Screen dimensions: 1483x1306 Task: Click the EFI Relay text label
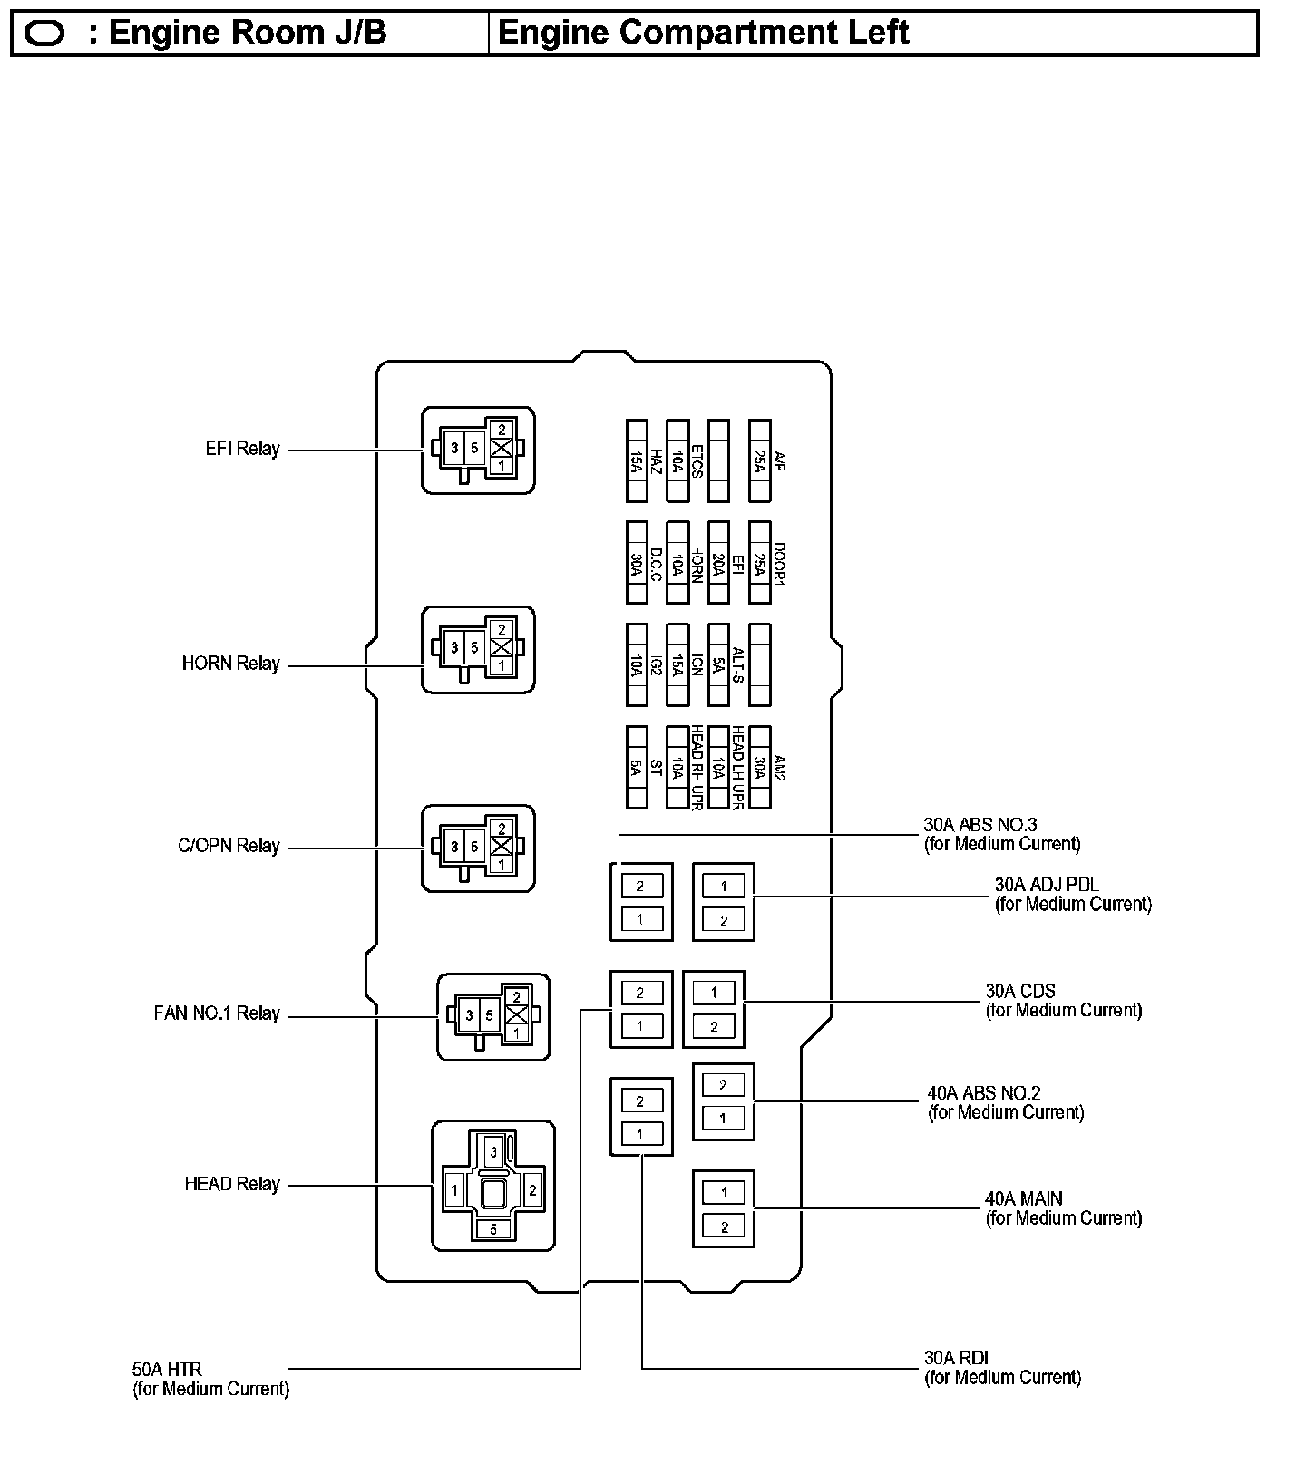click(242, 449)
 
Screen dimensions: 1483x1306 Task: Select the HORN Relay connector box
click(478, 650)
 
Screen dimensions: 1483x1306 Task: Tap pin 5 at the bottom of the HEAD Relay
click(493, 1228)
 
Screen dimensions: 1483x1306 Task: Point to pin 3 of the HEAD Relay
click(493, 1152)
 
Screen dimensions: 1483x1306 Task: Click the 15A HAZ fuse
click(637, 460)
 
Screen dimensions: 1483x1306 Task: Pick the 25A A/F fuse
click(760, 460)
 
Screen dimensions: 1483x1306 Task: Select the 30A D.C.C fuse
click(637, 562)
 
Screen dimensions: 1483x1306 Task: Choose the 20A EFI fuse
click(718, 562)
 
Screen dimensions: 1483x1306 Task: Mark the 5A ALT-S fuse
click(718, 664)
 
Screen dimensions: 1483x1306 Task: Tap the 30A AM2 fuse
click(760, 767)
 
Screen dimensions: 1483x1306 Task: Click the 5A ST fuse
click(637, 767)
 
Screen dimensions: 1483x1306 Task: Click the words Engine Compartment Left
click(703, 33)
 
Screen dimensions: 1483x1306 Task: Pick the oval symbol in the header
click(45, 34)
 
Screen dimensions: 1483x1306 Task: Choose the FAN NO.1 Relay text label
click(217, 1013)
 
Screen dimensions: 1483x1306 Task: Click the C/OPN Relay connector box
click(478, 848)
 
